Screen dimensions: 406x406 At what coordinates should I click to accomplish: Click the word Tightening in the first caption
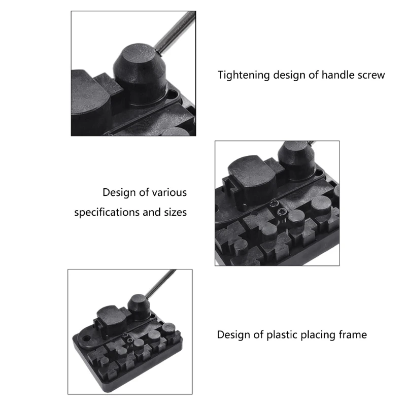pos(243,75)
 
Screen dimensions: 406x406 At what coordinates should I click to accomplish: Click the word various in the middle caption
pos(169,193)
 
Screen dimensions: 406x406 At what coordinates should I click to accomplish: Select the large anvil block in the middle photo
pos(251,175)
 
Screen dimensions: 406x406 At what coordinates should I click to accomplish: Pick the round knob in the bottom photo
pos(138,307)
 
